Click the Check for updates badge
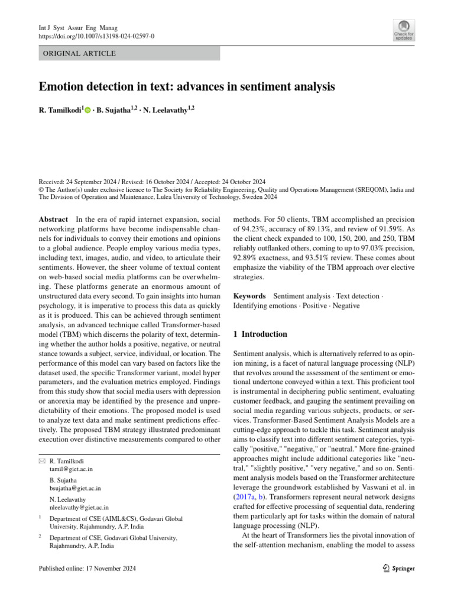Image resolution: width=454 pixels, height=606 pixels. coord(404,30)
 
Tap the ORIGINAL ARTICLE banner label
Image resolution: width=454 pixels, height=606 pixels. coord(77,54)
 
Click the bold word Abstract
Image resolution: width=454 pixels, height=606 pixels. coord(53,218)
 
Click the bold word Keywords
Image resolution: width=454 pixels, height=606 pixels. coord(250,295)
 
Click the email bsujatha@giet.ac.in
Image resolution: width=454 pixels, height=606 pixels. coord(75,489)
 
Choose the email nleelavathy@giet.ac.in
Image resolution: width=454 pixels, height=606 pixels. coord(79,507)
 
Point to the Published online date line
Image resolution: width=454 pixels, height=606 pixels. coord(87,569)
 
